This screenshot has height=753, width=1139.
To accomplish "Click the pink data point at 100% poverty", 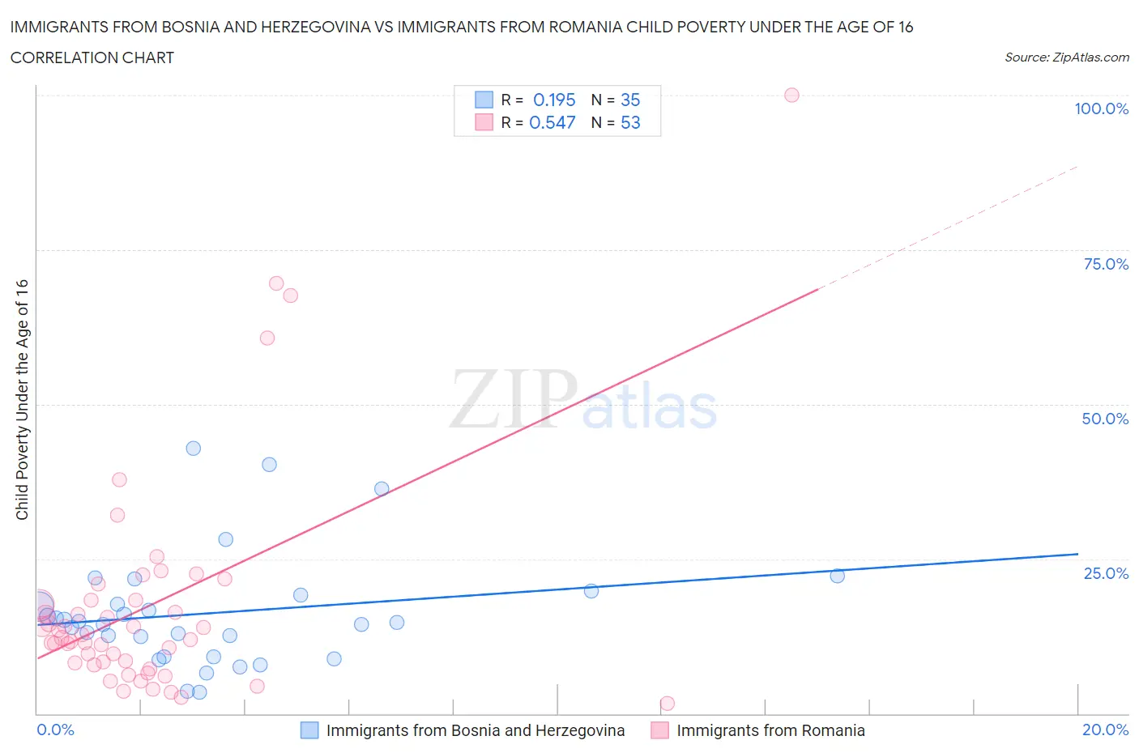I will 791,95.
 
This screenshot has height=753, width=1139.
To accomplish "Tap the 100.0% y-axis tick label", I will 1101,108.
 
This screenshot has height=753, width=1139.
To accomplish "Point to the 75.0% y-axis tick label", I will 1106,264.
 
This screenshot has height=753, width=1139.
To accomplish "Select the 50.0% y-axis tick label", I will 1105,419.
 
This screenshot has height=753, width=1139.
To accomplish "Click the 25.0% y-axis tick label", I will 1106,573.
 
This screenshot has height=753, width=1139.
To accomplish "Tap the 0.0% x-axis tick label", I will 55,730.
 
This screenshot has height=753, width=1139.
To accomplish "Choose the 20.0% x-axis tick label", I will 1105,730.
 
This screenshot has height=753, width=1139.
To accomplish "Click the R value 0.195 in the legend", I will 554,100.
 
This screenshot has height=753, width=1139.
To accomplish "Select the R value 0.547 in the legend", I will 552,122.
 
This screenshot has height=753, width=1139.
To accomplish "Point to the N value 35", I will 630,100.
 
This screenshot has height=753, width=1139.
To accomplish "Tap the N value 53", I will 630,122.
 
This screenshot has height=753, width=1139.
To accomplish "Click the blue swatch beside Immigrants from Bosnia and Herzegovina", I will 309,730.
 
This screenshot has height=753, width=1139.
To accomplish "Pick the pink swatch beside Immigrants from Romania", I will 659,730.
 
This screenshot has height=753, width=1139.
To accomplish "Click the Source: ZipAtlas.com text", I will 1066,57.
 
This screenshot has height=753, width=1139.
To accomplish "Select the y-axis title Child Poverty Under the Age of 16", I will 22,399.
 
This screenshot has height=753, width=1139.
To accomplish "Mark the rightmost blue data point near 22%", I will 838,576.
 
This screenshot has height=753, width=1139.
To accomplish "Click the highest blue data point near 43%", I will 193,448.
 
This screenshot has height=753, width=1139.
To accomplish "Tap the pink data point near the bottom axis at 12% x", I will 668,703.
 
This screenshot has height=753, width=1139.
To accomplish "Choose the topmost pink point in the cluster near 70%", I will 276,283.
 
